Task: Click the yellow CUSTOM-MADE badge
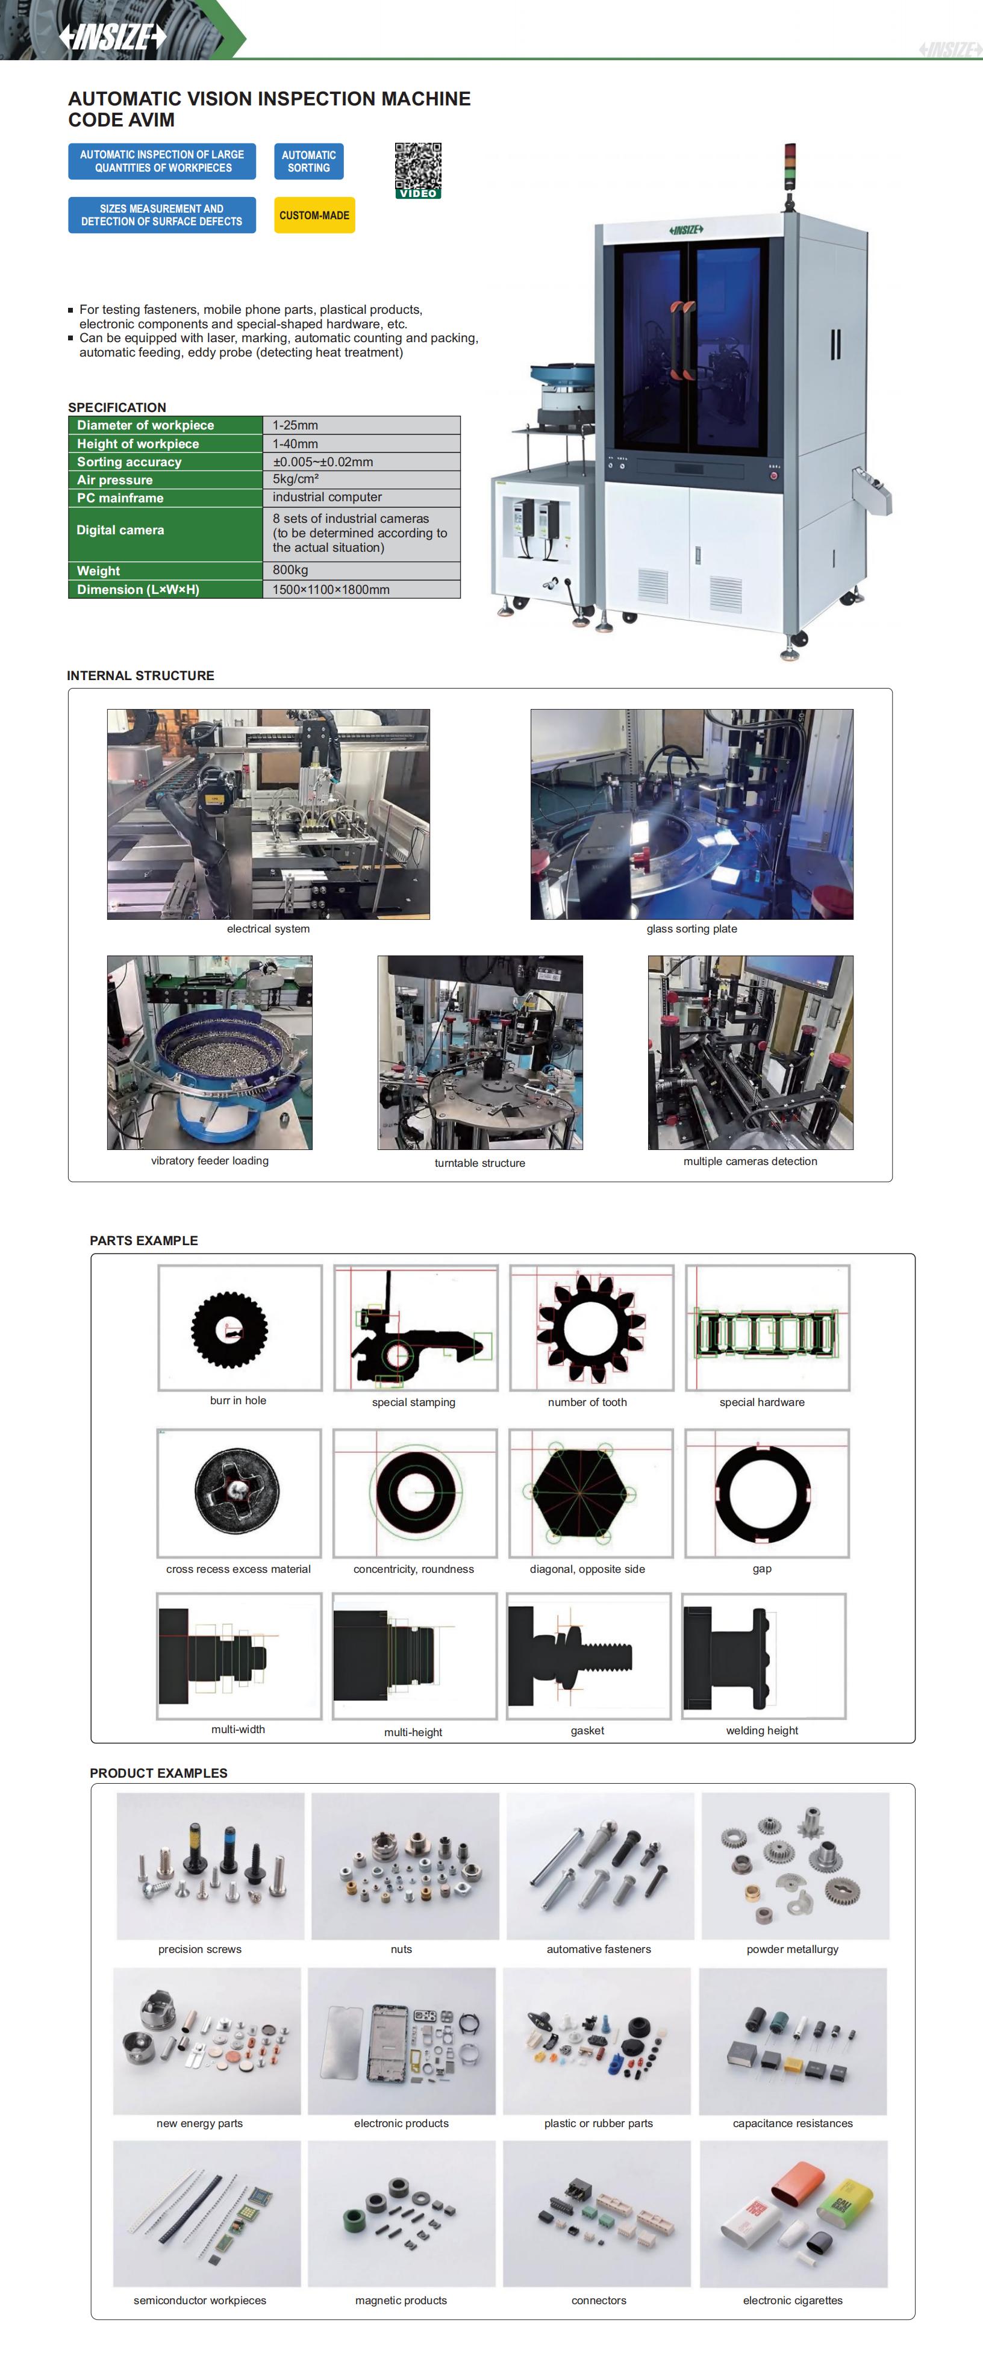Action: coord(314,216)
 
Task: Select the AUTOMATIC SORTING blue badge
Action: coord(309,161)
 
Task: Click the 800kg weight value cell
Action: coord(362,570)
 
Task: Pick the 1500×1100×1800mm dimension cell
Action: coord(362,589)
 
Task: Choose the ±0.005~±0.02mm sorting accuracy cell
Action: coord(362,461)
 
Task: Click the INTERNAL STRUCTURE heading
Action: coord(141,676)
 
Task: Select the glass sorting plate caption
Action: coord(691,929)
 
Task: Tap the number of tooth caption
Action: coord(587,1402)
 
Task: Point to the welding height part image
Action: coord(764,1656)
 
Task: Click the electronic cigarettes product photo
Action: coord(793,2213)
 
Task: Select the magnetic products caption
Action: coord(401,2300)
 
